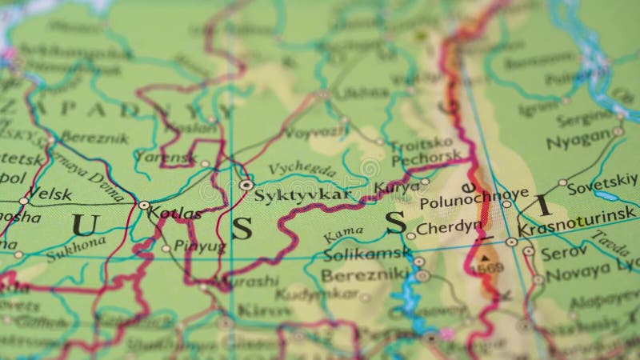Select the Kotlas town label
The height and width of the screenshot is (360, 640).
click(176, 214)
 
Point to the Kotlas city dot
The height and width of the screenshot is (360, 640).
click(144, 206)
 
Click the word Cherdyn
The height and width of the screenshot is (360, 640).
click(450, 226)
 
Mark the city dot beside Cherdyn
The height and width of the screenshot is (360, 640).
click(410, 236)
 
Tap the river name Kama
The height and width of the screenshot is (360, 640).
click(344, 234)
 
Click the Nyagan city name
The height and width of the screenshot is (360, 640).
click(578, 139)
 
